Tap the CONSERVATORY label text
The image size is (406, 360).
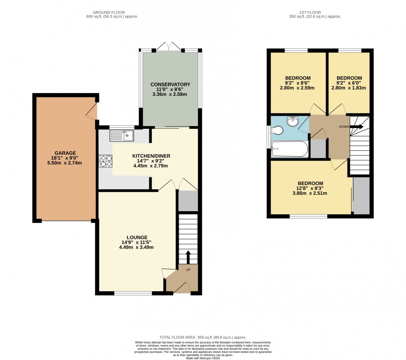pyautogui.click(x=170, y=84)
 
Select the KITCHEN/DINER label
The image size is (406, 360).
pyautogui.click(x=150, y=156)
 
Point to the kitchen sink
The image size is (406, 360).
pyautogui.click(x=123, y=136)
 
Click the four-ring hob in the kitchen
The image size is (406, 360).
pyautogui.click(x=105, y=161)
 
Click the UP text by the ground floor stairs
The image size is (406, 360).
pyautogui.click(x=188, y=270)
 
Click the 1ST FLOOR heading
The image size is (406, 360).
pyautogui.click(x=315, y=12)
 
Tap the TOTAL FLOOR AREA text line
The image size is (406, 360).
pyautogui.click(x=203, y=337)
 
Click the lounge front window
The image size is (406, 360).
pyautogui.click(x=133, y=294)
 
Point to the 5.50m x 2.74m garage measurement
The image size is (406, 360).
pyautogui.click(x=66, y=163)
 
